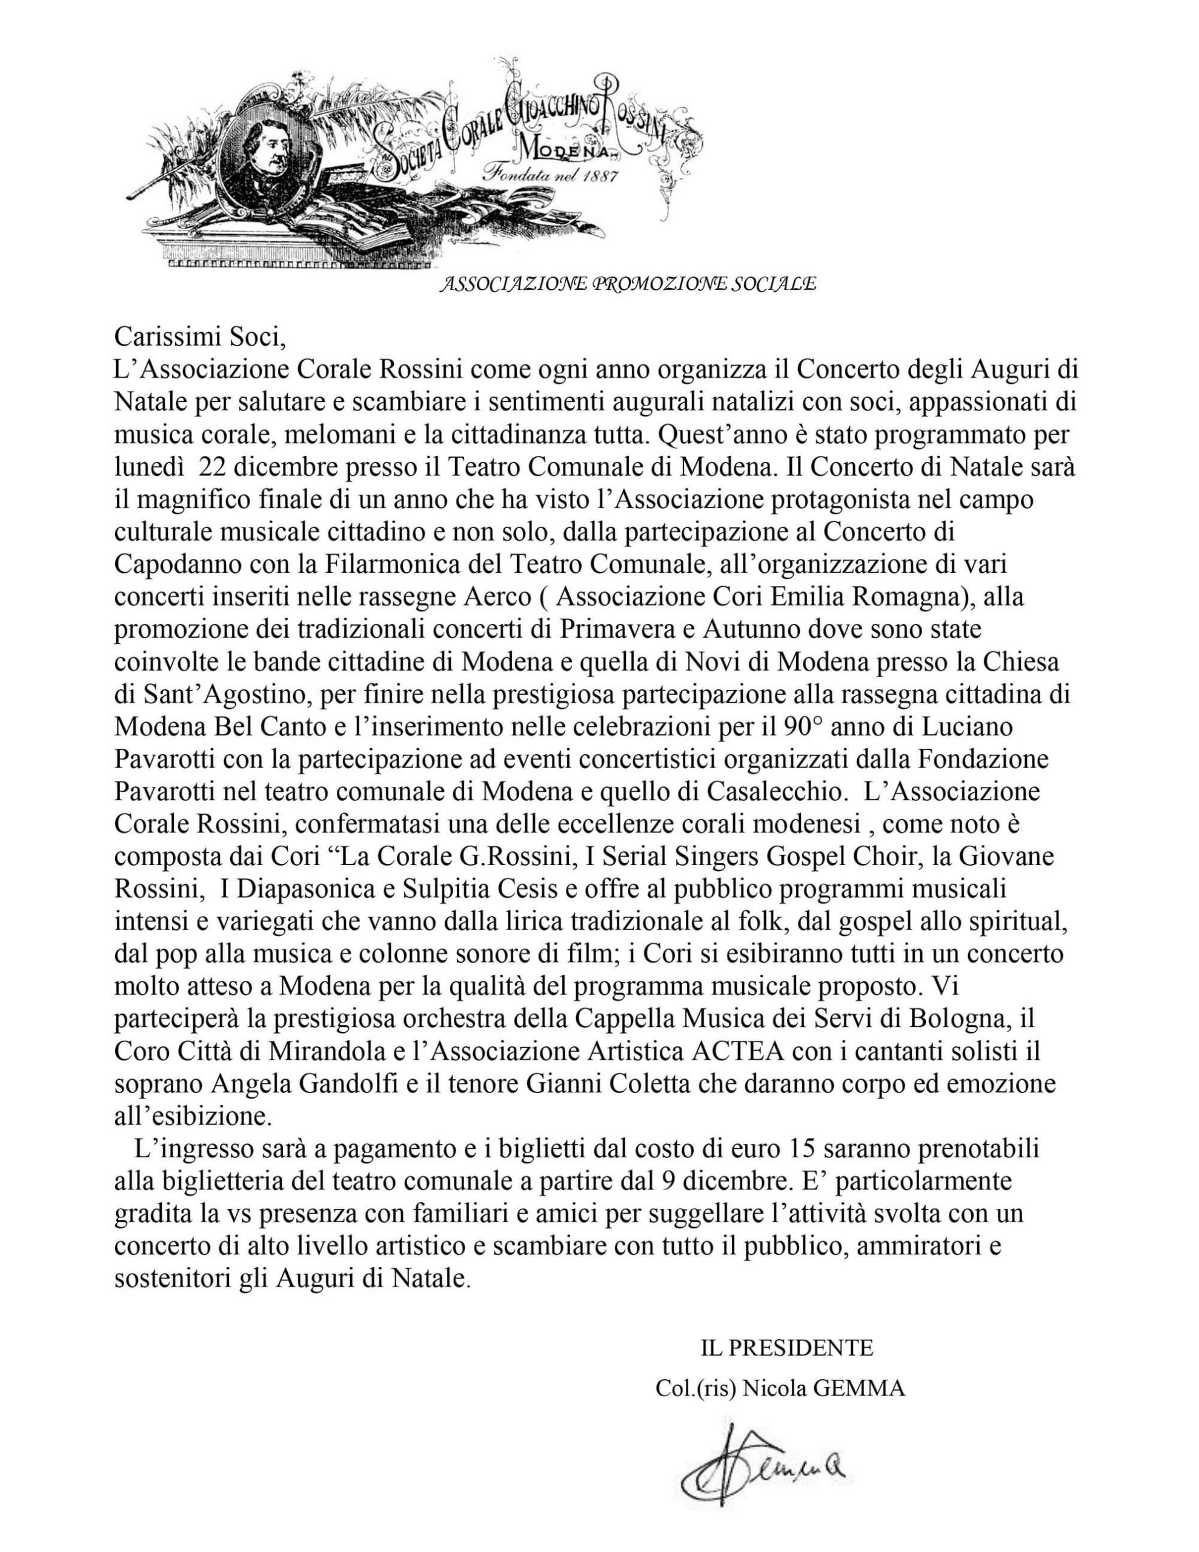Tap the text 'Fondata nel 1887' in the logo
pos(551,176)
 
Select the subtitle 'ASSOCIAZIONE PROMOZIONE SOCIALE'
pos(627,284)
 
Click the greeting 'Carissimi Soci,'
pos(199,336)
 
